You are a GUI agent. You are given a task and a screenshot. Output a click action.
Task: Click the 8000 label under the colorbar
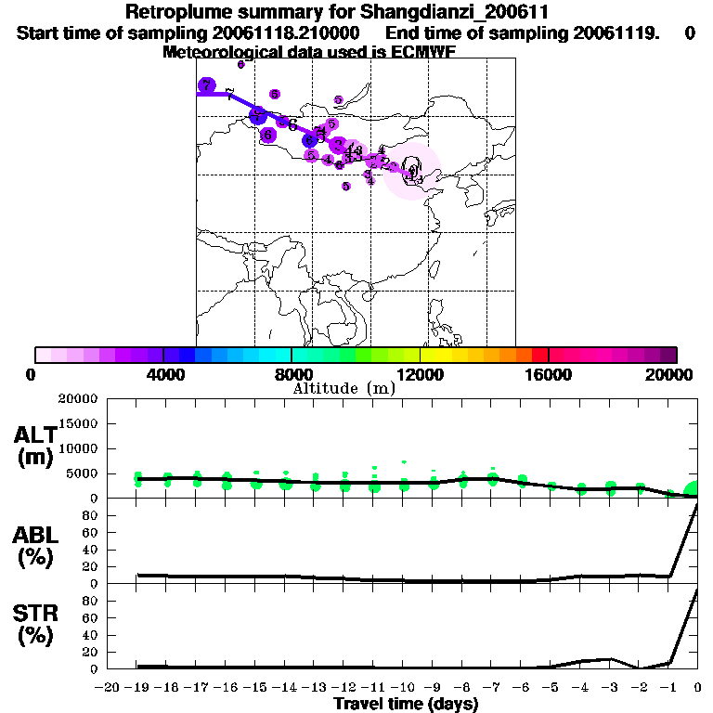click(292, 374)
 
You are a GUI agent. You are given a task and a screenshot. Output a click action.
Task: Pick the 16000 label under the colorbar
click(548, 374)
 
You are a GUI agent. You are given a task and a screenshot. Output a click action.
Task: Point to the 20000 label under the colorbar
click(674, 374)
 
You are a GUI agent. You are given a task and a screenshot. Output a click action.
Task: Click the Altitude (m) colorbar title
click(344, 388)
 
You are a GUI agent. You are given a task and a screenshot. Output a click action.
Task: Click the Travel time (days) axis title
click(406, 704)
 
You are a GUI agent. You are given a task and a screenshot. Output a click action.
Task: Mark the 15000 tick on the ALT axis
click(80, 423)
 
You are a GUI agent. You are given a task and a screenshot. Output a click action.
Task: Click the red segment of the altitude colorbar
click(539, 355)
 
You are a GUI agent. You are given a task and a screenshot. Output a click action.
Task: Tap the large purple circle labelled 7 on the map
click(206, 85)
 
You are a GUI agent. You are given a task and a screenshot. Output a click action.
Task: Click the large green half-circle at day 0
click(692, 489)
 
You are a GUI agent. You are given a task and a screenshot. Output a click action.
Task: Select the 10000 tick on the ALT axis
click(80, 448)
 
